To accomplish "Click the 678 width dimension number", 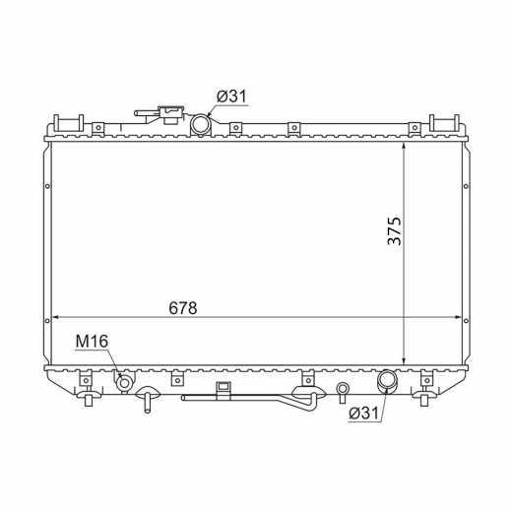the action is (183, 308).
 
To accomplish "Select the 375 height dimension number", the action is (395, 230).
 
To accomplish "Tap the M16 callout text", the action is (92, 342).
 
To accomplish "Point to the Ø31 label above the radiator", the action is (231, 96).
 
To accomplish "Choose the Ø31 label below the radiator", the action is (364, 413).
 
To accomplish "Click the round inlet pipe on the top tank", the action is (200, 123).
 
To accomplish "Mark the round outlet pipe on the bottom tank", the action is (387, 381).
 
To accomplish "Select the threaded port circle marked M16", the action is (124, 383).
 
